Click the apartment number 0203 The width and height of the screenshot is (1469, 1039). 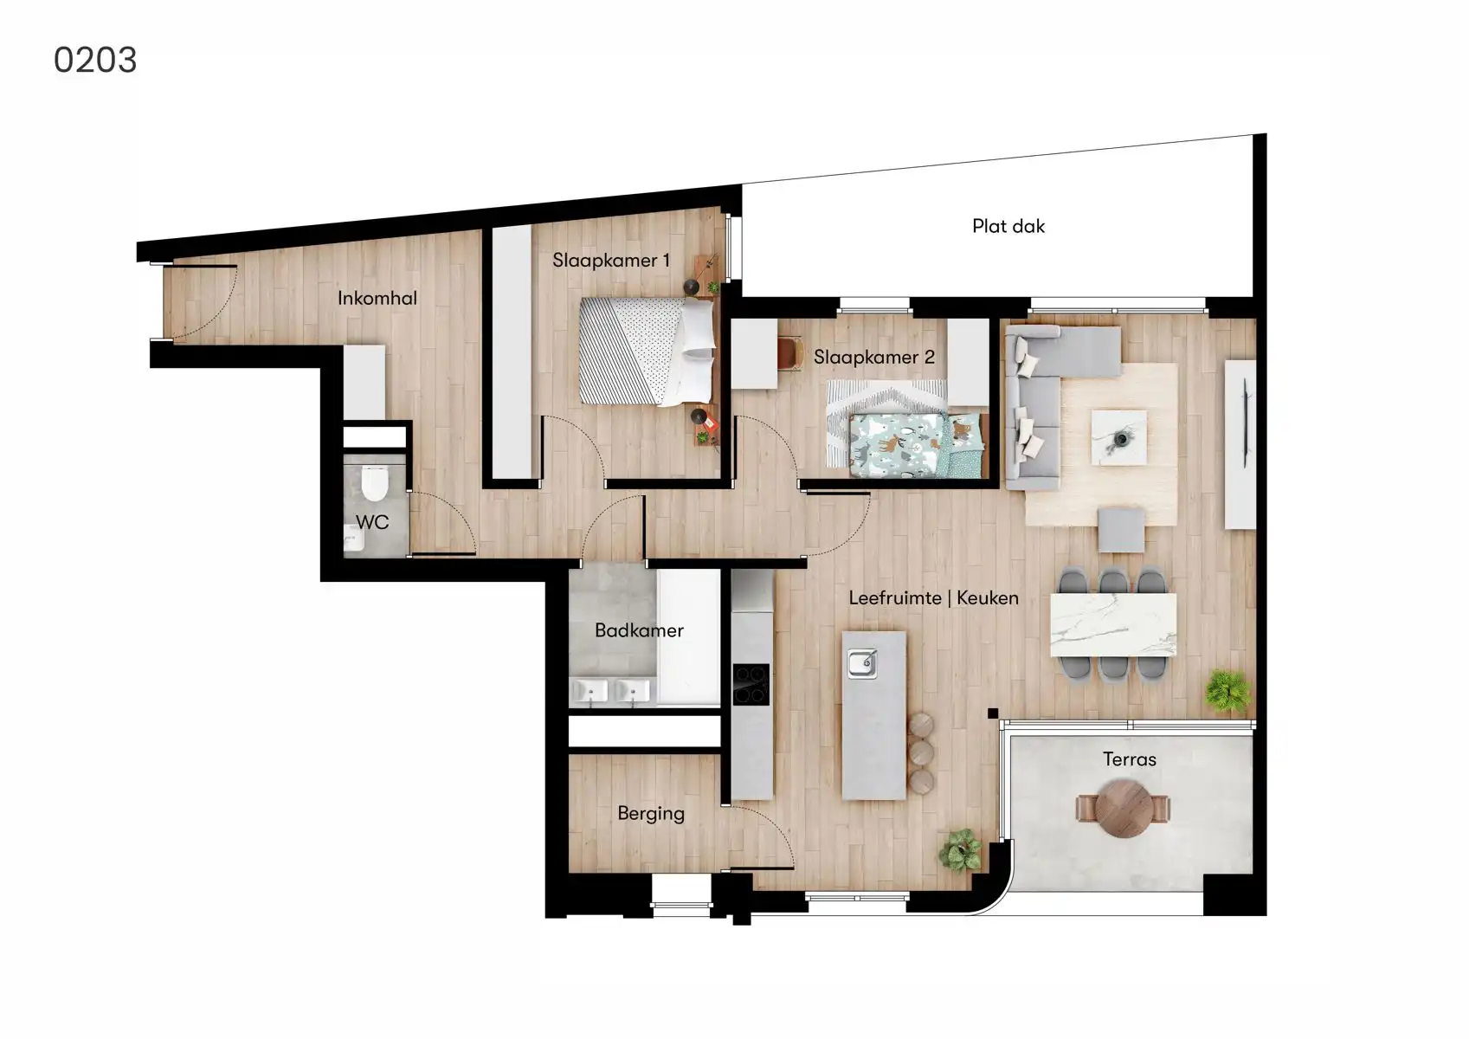click(95, 60)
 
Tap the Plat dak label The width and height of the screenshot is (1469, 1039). click(1008, 226)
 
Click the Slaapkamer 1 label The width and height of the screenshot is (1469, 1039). click(611, 260)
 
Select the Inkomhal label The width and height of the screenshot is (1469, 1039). click(377, 298)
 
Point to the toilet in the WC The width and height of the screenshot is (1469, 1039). click(375, 484)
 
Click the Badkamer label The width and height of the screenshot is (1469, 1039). click(639, 630)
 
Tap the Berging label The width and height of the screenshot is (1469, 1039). click(651, 813)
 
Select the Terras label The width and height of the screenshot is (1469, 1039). click(1129, 759)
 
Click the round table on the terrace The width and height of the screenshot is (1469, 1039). click(1123, 809)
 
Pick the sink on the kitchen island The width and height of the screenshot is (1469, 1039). click(862, 664)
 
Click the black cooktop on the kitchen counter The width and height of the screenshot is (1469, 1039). click(751, 684)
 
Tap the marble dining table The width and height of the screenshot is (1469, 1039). click(1113, 625)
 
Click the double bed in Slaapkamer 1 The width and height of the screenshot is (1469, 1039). click(648, 351)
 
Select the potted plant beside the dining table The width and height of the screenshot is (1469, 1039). click(1228, 690)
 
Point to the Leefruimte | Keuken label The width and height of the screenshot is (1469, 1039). click(933, 597)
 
